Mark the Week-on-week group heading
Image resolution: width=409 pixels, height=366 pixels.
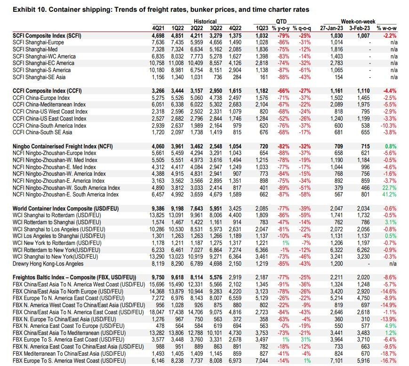point(358,22)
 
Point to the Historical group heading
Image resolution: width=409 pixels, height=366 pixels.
point(205,22)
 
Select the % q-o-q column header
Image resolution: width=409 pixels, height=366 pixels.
point(303,28)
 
